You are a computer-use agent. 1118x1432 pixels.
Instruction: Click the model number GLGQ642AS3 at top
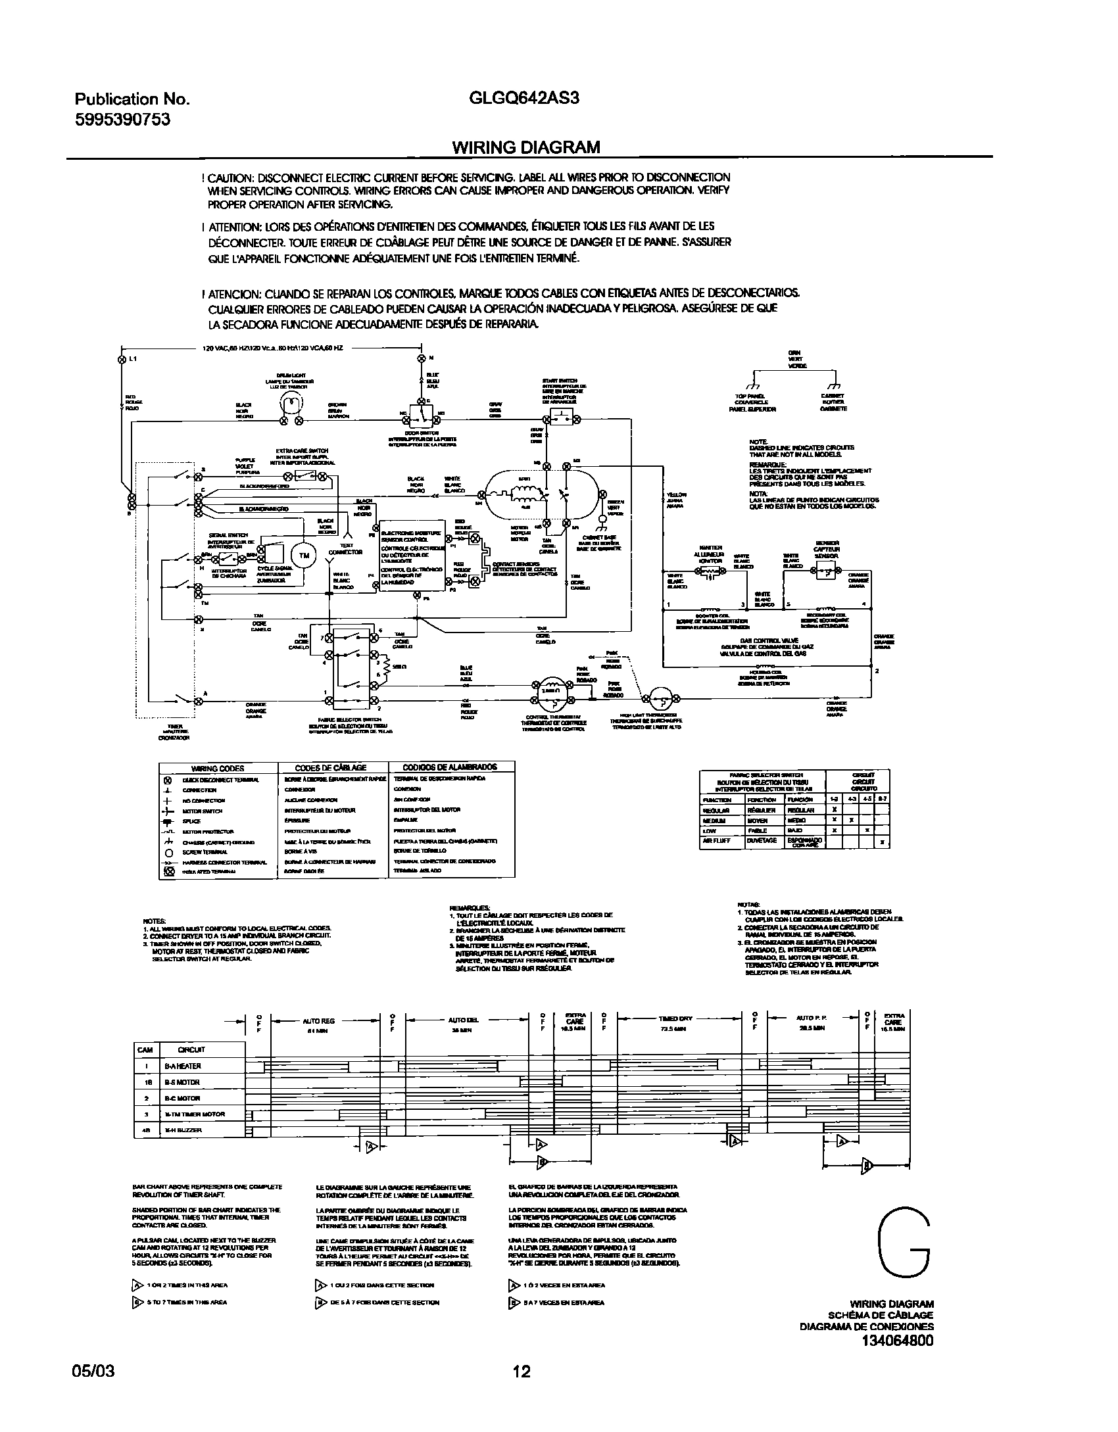[524, 99]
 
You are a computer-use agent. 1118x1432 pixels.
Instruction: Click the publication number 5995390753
[122, 119]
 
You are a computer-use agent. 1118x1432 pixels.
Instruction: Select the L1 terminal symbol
[121, 360]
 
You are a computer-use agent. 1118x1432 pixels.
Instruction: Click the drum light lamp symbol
[292, 402]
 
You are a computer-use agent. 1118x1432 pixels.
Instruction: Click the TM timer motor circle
[304, 556]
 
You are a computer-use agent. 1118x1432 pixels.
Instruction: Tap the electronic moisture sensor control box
[412, 556]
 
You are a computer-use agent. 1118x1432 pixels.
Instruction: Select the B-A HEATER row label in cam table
[182, 1066]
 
